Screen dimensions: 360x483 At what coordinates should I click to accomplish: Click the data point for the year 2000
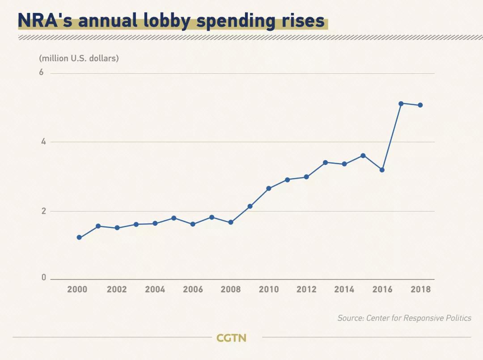79,237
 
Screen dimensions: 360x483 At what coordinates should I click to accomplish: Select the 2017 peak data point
401,104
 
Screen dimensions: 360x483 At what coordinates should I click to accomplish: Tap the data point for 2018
420,105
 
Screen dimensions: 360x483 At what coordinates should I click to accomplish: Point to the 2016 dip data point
382,170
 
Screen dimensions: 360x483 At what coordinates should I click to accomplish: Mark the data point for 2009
250,206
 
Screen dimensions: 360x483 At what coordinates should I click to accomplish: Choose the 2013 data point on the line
325,162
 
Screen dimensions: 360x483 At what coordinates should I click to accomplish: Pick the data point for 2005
174,218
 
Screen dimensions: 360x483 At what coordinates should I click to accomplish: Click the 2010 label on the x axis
269,289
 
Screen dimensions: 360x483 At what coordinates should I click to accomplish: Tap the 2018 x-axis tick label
421,289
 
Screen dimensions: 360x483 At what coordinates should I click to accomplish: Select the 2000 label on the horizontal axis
77,289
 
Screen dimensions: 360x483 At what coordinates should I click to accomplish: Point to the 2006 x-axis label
193,289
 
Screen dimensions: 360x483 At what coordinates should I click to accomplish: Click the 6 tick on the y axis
42,72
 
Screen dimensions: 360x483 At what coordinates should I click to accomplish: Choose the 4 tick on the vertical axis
43,142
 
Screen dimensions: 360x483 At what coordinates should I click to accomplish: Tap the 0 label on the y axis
44,278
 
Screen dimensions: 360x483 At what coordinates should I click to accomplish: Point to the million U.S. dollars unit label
79,58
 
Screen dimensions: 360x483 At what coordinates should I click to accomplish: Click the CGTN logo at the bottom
231,338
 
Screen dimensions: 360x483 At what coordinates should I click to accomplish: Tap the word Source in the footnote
350,318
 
